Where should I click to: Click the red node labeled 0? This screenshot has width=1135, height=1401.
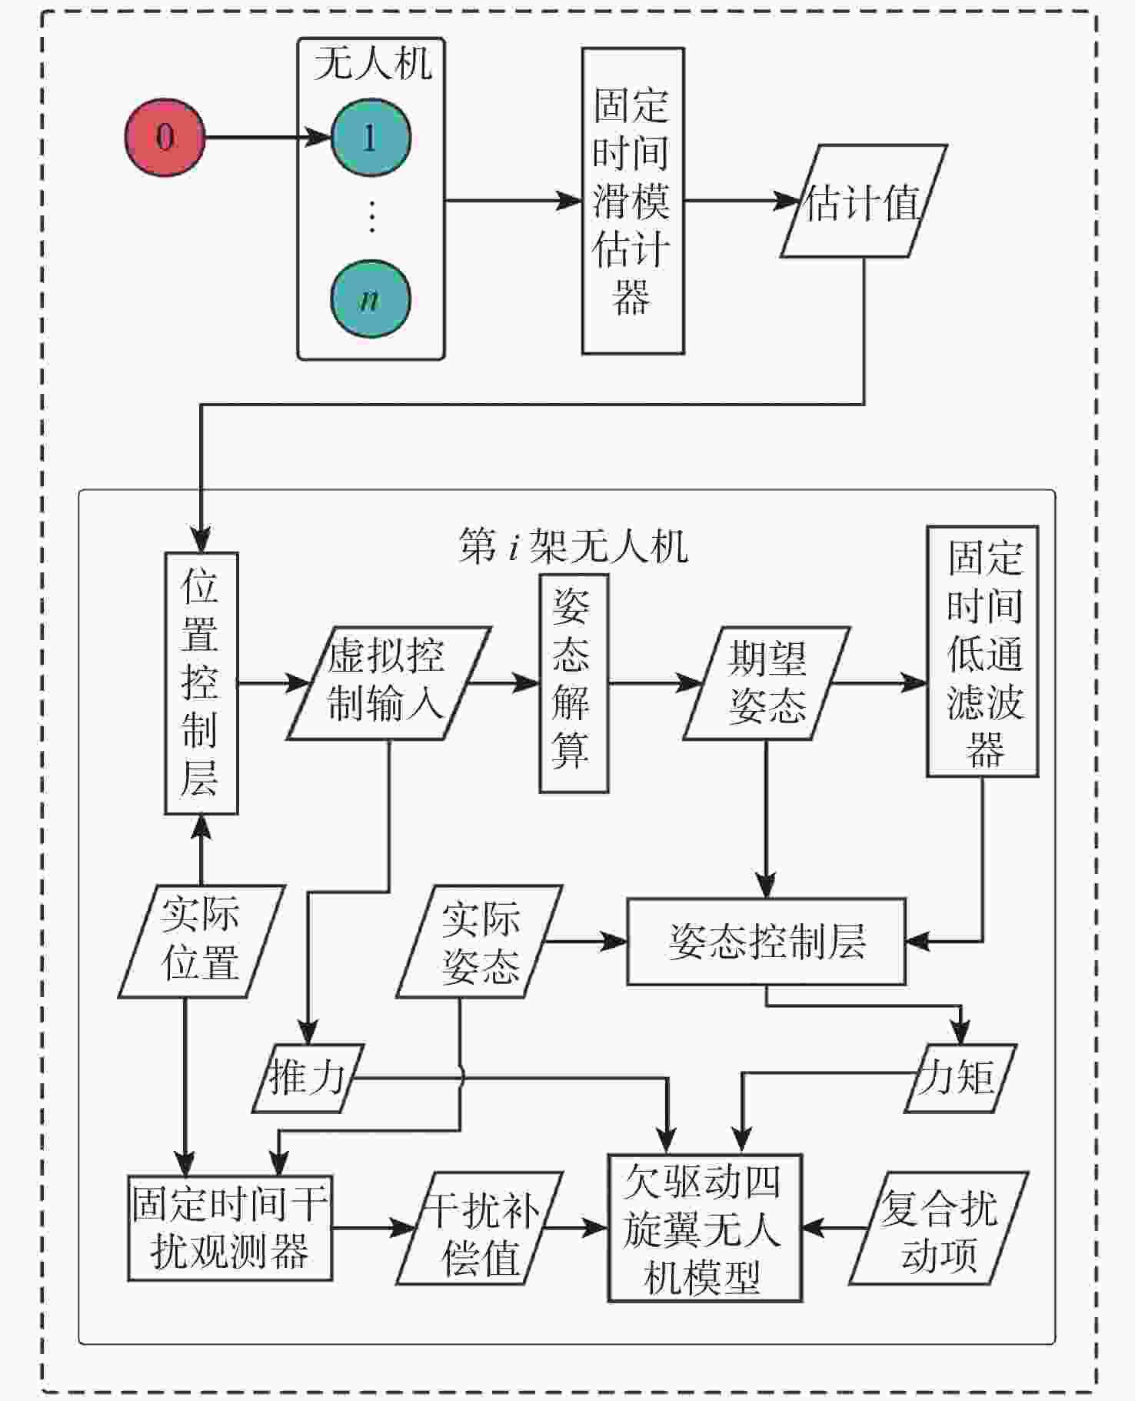[165, 138]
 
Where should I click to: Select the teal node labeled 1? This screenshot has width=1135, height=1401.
[371, 138]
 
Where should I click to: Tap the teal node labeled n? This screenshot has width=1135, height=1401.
[371, 299]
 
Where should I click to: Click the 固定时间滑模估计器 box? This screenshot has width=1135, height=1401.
[632, 201]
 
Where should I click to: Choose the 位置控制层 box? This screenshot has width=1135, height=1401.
[201, 682]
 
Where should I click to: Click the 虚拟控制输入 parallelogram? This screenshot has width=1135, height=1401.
[388, 682]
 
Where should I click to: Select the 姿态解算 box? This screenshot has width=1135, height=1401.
[573, 682]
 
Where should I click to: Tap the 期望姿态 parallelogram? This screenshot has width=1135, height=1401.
[766, 682]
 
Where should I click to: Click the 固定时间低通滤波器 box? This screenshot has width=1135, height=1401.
[982, 651]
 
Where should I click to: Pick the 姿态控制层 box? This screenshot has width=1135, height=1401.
[766, 941]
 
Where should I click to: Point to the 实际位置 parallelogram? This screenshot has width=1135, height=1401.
[201, 941]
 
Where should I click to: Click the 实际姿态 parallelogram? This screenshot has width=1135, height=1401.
[480, 941]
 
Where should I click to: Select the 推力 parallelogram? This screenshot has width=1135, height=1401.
[308, 1077]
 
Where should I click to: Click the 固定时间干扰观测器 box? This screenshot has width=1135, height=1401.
[229, 1227]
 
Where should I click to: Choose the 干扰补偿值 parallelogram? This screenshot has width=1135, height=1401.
[480, 1227]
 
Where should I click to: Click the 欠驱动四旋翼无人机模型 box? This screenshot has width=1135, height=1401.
[704, 1227]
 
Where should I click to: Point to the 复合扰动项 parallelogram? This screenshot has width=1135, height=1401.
[938, 1227]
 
